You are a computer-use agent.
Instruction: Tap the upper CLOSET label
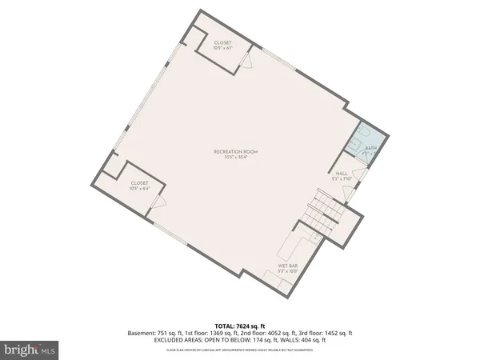[223, 43]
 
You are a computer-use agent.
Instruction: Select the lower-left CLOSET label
[139, 182]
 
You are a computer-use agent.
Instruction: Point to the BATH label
[370, 148]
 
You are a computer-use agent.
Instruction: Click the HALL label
[342, 173]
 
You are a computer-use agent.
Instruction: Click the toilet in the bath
[361, 132]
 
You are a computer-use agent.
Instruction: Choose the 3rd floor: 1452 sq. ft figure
[329, 333]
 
